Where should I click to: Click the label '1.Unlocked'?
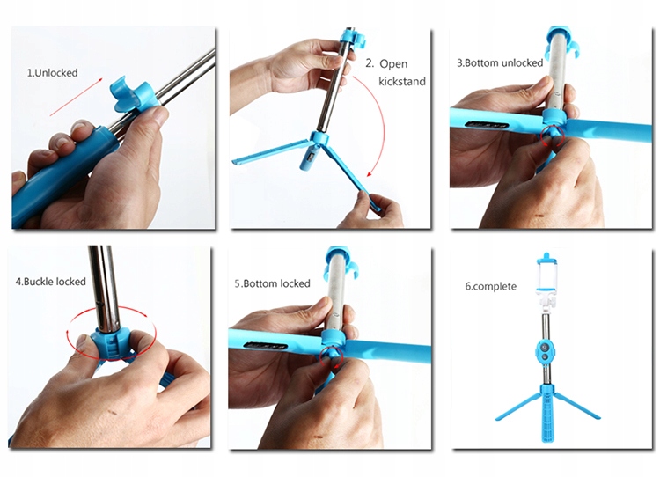click(x=53, y=73)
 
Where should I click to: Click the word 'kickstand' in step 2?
click(x=402, y=81)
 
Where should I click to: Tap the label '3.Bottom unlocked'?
click(x=500, y=63)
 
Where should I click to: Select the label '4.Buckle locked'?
click(x=50, y=282)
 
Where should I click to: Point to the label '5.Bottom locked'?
click(x=272, y=283)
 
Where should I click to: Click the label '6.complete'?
click(x=491, y=287)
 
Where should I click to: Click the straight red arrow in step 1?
click(x=77, y=97)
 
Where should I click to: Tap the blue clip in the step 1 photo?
click(x=134, y=94)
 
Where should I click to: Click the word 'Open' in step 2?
click(x=393, y=64)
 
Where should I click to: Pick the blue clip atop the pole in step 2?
click(x=353, y=37)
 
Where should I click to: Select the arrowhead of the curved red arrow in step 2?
click(x=370, y=173)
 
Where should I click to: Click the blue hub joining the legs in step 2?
click(x=320, y=138)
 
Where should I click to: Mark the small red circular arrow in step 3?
click(x=553, y=136)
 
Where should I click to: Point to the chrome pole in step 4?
click(x=105, y=286)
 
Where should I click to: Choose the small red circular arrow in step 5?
click(x=332, y=357)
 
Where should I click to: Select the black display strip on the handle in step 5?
click(x=266, y=345)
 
